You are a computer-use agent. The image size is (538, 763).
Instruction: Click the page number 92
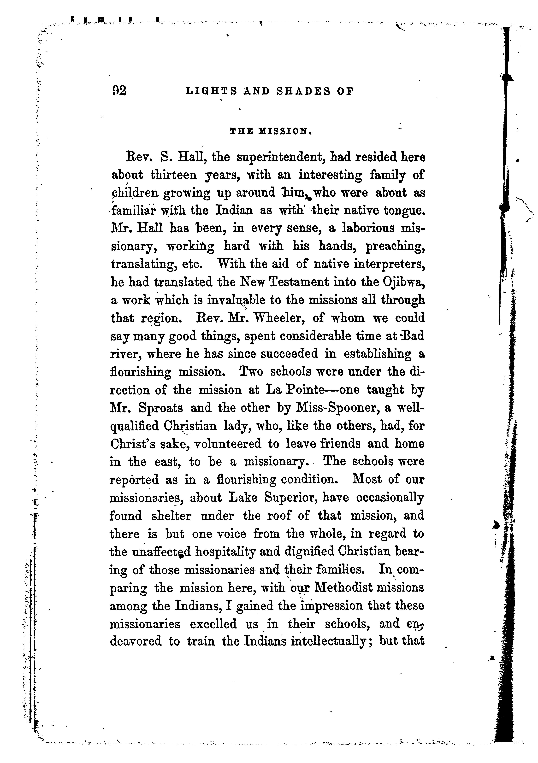point(119,90)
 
